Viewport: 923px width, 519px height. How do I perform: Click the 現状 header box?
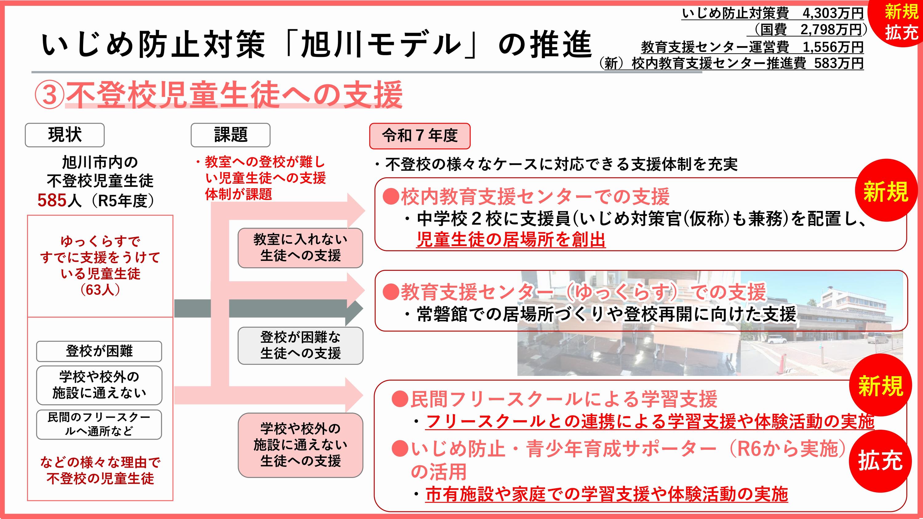(65, 135)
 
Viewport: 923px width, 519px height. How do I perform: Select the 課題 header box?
(230, 135)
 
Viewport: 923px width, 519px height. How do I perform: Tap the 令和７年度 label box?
(420, 136)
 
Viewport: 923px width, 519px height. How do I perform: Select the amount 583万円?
(838, 63)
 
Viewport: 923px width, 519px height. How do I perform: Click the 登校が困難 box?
(99, 351)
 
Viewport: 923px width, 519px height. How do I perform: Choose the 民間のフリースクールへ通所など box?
(99, 425)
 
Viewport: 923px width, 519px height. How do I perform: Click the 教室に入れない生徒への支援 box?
(300, 248)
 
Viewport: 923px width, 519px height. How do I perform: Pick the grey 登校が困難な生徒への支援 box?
(300, 346)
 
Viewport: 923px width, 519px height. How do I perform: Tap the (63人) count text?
(100, 289)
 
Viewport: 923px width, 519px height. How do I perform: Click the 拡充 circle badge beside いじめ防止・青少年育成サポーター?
(880, 461)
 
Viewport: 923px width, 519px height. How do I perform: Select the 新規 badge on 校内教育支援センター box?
(886, 190)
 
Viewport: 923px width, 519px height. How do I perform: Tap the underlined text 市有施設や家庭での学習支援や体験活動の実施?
(607, 494)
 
